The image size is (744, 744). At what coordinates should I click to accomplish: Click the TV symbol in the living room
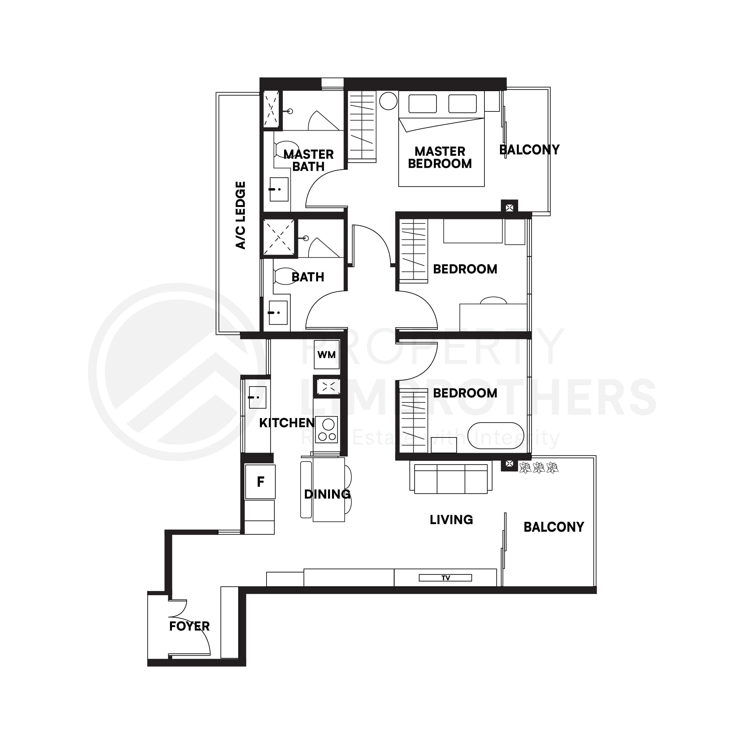[x=445, y=578]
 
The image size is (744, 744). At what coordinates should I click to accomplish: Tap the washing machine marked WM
[x=327, y=355]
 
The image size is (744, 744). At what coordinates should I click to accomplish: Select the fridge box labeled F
[x=261, y=482]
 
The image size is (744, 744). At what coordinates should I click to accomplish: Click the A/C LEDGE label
[x=240, y=215]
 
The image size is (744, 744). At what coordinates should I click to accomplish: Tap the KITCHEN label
[x=287, y=423]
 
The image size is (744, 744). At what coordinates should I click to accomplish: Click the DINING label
[x=327, y=494]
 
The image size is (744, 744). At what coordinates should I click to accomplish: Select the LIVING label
[x=451, y=520]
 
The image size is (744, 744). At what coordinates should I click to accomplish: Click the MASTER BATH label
[x=309, y=160]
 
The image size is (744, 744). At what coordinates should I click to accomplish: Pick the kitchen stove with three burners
[x=327, y=430]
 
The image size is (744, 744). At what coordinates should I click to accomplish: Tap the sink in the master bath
[x=279, y=189]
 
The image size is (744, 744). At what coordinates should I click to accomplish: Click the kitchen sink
[x=257, y=397]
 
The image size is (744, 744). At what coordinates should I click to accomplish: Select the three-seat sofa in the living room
[x=451, y=479]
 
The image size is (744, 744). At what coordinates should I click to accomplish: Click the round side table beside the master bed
[x=388, y=101]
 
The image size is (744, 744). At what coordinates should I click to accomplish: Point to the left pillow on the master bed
[x=423, y=103]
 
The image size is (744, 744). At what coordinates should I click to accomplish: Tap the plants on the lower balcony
[x=539, y=468]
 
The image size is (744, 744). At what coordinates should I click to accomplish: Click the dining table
[x=328, y=489]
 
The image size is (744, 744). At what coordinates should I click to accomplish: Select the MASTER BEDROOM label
[x=440, y=157]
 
